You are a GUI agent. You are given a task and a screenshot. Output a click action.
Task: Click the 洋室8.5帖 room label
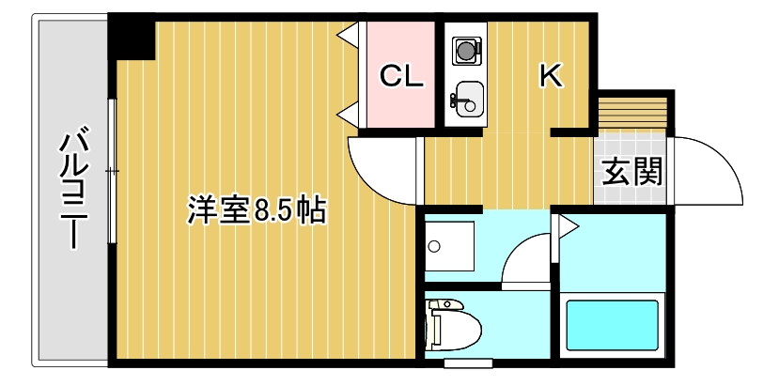point(256,209)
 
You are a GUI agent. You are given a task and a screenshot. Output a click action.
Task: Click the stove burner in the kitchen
point(465,49)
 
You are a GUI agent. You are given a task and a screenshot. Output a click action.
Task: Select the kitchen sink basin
point(465,97)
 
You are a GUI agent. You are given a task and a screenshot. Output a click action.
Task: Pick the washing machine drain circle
point(433,248)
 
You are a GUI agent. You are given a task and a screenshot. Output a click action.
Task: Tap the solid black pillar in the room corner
point(131,36)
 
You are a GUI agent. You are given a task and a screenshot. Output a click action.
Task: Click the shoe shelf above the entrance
point(631,111)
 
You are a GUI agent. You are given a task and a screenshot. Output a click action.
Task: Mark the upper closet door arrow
point(347,36)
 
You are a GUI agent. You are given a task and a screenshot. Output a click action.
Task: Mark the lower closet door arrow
point(347,115)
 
